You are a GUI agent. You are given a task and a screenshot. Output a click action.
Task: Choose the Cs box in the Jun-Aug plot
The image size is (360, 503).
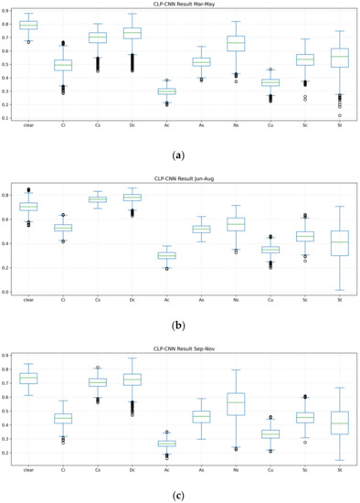(x=98, y=199)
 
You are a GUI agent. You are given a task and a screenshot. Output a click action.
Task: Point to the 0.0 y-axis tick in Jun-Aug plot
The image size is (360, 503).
(x=8, y=292)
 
